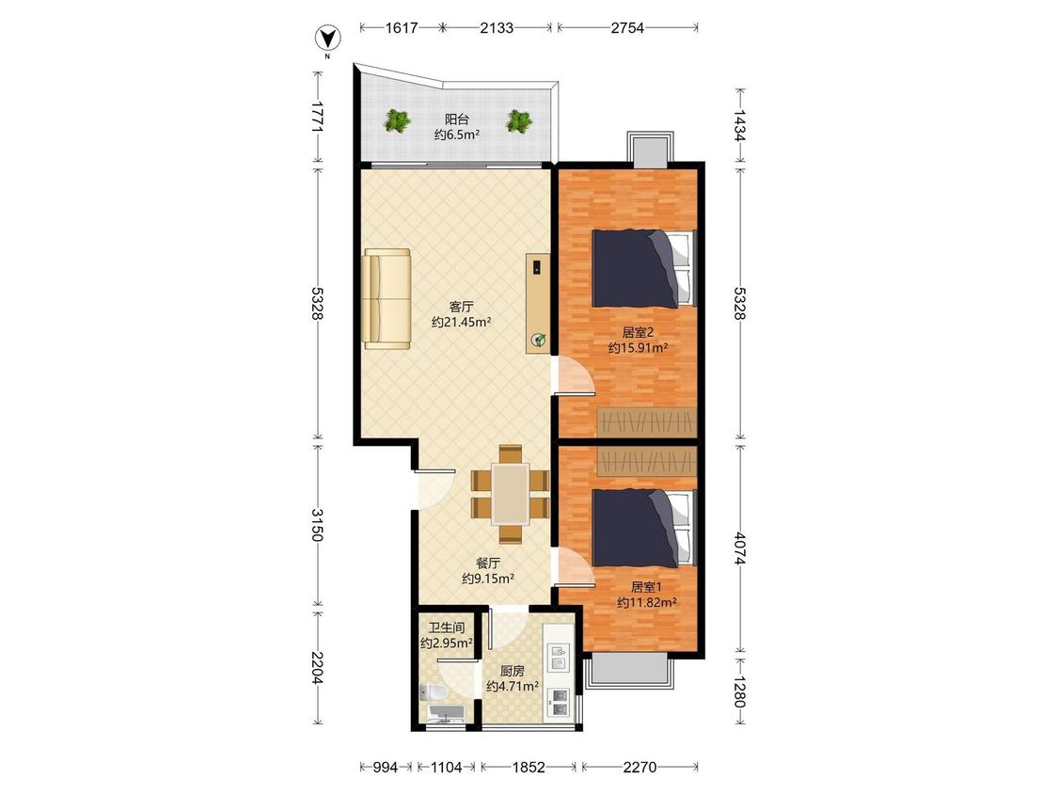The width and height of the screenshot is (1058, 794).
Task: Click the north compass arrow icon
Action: (328, 38)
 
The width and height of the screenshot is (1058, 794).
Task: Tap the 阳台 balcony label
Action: (457, 119)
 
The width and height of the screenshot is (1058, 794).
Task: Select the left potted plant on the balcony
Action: (398, 121)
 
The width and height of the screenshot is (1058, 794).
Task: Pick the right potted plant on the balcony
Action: (519, 121)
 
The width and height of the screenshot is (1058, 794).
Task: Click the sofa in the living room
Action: (387, 299)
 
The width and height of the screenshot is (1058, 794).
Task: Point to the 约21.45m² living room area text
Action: (462, 322)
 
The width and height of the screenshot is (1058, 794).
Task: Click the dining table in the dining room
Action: (510, 494)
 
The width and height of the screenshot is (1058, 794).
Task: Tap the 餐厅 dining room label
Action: (488, 564)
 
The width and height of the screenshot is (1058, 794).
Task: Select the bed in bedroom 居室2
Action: (643, 268)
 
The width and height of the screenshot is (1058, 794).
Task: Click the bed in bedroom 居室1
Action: (643, 528)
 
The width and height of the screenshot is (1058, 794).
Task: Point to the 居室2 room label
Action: (638, 332)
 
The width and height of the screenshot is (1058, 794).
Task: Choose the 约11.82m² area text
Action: (647, 602)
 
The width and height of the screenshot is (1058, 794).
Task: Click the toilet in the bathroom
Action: (432, 693)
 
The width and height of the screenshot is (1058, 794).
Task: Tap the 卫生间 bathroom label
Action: (446, 627)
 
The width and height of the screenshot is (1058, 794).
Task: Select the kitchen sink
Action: (558, 658)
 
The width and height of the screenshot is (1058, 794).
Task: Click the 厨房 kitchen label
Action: (513, 671)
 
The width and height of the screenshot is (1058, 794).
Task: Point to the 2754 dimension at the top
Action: (627, 27)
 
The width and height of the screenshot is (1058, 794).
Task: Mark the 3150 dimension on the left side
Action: (317, 525)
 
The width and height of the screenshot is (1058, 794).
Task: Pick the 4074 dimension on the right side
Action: (740, 548)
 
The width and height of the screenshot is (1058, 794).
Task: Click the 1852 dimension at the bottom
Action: (529, 767)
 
